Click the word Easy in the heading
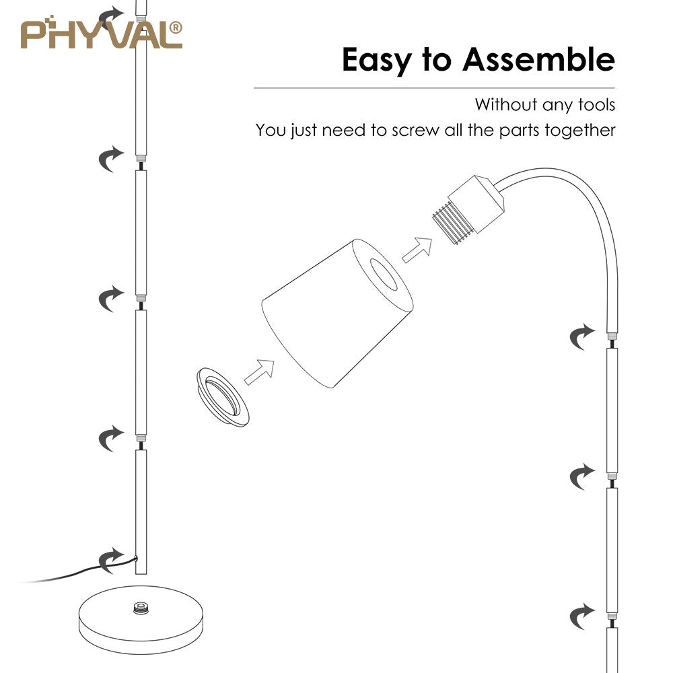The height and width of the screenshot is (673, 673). tap(378, 61)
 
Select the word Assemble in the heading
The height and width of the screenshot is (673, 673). tap(538, 61)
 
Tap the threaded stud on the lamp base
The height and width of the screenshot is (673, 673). tap(141, 609)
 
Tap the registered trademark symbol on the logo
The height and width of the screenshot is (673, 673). tap(176, 27)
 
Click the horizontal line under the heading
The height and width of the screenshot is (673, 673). tap(434, 88)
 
